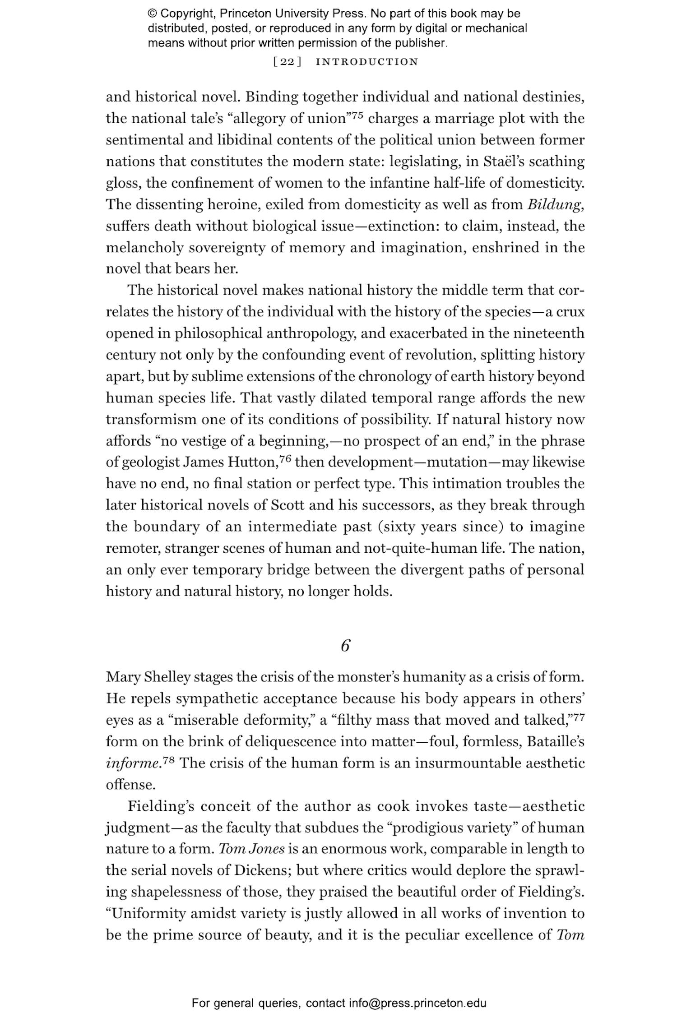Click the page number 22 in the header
click(287, 62)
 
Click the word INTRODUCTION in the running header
click(367, 62)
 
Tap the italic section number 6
click(345, 646)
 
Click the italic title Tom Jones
click(251, 849)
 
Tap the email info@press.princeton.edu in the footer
click(417, 1003)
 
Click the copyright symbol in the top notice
click(152, 14)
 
